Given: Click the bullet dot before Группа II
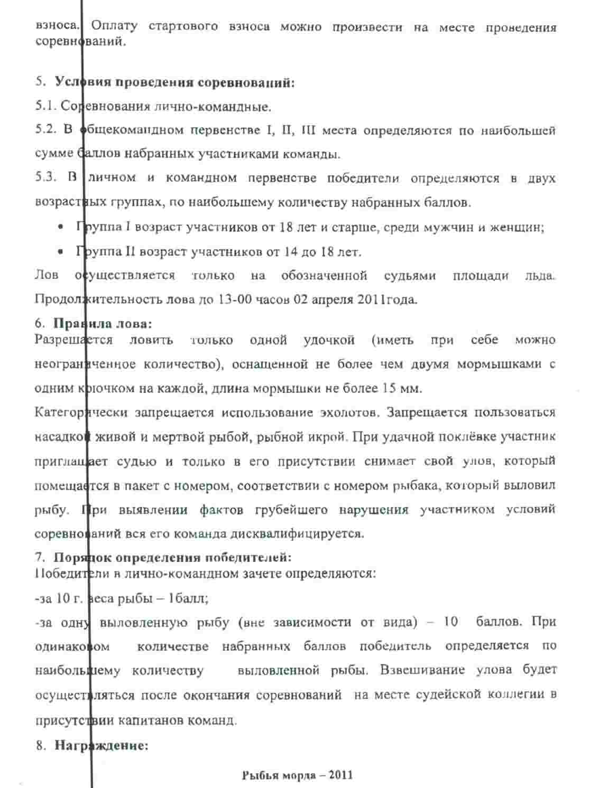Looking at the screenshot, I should click(x=61, y=252).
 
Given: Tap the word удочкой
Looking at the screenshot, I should click(x=329, y=340).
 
